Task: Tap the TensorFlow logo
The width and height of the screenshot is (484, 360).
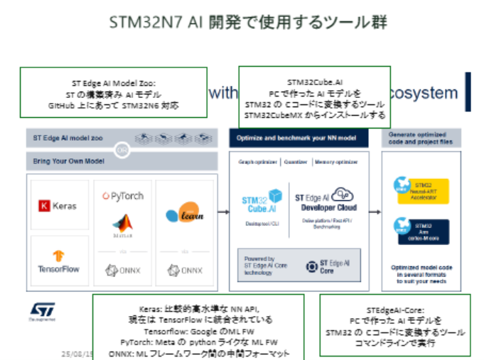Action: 59,261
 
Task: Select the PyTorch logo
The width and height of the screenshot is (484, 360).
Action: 123,195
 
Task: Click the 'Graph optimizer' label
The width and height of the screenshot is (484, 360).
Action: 257,161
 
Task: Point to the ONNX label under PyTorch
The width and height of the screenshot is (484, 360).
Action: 123,270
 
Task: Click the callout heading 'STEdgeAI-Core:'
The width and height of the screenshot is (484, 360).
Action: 394,310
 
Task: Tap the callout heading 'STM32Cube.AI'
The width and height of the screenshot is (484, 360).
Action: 314,82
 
